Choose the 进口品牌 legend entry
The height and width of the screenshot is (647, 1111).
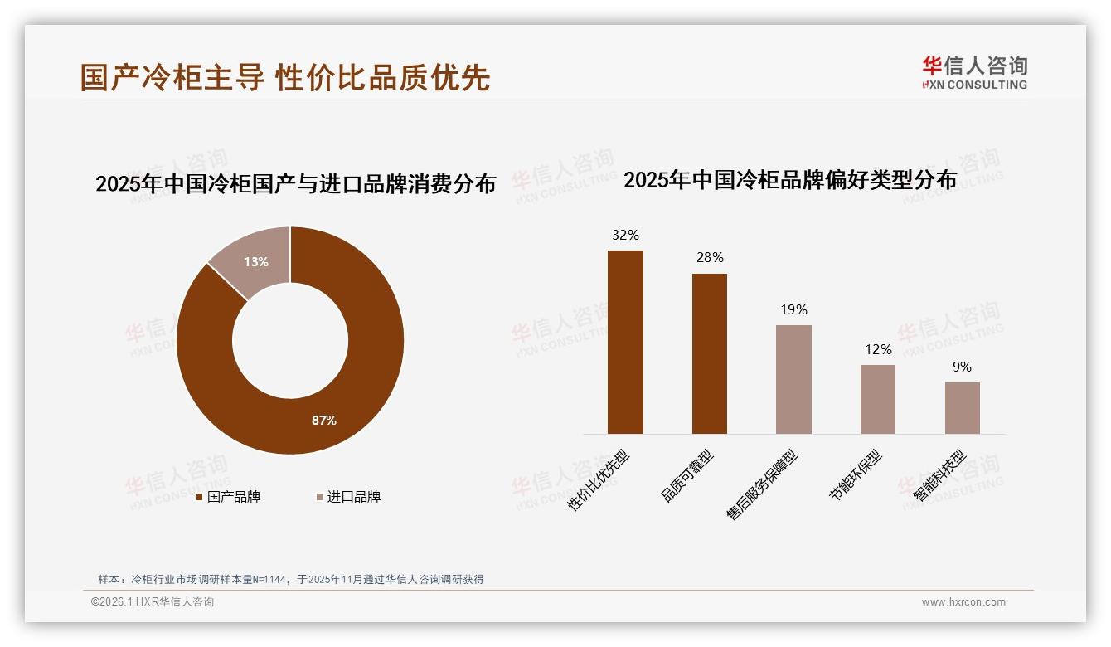[349, 497]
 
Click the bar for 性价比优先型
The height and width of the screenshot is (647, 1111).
[625, 342]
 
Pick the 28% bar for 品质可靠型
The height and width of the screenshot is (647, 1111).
[710, 353]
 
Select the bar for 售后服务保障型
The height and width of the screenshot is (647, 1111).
[793, 379]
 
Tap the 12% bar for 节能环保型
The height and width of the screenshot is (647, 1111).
[878, 399]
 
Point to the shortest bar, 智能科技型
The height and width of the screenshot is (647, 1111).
[962, 408]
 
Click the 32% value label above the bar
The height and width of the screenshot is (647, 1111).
[625, 235]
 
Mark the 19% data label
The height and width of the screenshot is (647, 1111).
[793, 309]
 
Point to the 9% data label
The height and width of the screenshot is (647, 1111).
[962, 367]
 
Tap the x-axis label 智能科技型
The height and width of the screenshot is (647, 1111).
[940, 475]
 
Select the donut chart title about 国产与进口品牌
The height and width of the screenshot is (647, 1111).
[295, 183]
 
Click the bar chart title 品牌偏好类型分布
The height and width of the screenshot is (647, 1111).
[790, 179]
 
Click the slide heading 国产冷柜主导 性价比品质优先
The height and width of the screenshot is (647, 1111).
[285, 76]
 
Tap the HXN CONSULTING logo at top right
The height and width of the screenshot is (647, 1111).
[974, 72]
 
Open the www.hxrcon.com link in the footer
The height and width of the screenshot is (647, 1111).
[963, 602]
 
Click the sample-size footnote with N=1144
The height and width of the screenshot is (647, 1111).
[291, 579]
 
